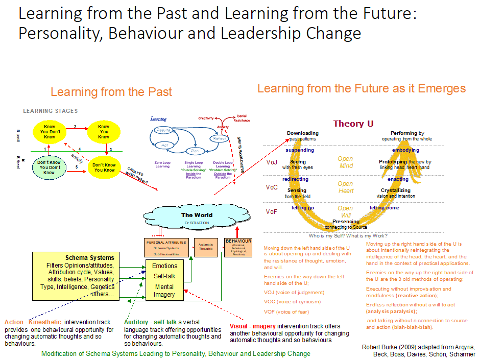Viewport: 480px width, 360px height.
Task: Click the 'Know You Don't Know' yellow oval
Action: [50, 133]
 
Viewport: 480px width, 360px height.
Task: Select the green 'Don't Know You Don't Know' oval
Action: [49, 167]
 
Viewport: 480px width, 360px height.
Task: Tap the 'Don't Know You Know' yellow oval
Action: [103, 167]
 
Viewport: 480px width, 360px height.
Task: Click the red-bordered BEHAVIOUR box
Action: [238, 248]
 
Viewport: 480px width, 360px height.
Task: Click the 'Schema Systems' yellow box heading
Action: [90, 257]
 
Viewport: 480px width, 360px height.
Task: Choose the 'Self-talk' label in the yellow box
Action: [164, 276]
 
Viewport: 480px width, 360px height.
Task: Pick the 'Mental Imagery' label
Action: [164, 290]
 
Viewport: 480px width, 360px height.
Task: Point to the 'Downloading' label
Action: [302, 133]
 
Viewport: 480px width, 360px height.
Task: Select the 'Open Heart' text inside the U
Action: [346, 187]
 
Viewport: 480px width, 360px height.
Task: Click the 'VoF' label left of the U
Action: [272, 211]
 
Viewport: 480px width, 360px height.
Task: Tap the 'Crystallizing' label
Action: [396, 190]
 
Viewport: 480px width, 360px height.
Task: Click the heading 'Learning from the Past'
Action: [111, 92]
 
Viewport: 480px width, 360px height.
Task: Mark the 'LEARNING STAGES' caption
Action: [51, 111]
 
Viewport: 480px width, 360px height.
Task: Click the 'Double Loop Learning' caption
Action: [223, 166]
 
